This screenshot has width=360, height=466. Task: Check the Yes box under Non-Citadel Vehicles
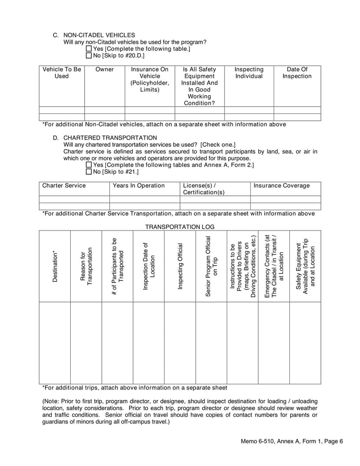(89, 49)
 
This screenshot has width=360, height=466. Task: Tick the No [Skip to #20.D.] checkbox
(89, 55)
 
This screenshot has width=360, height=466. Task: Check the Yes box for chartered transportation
(89, 165)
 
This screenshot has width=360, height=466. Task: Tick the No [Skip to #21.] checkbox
(89, 172)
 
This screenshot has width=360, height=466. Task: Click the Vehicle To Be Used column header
(62, 73)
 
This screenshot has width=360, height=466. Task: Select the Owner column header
(104, 69)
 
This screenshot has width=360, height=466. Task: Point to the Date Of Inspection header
(297, 73)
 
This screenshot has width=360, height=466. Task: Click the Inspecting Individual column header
(249, 73)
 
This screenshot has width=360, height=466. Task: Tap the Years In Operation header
(139, 185)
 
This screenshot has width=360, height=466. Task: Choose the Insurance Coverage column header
(282, 185)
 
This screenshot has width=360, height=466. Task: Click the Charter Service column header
(64, 185)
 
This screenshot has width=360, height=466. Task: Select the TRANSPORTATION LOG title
(180, 227)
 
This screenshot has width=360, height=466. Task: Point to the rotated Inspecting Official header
(180, 267)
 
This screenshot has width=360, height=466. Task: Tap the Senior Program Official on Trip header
(211, 267)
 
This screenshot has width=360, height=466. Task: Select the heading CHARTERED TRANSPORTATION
(110, 138)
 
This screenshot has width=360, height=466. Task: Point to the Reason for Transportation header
(86, 267)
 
